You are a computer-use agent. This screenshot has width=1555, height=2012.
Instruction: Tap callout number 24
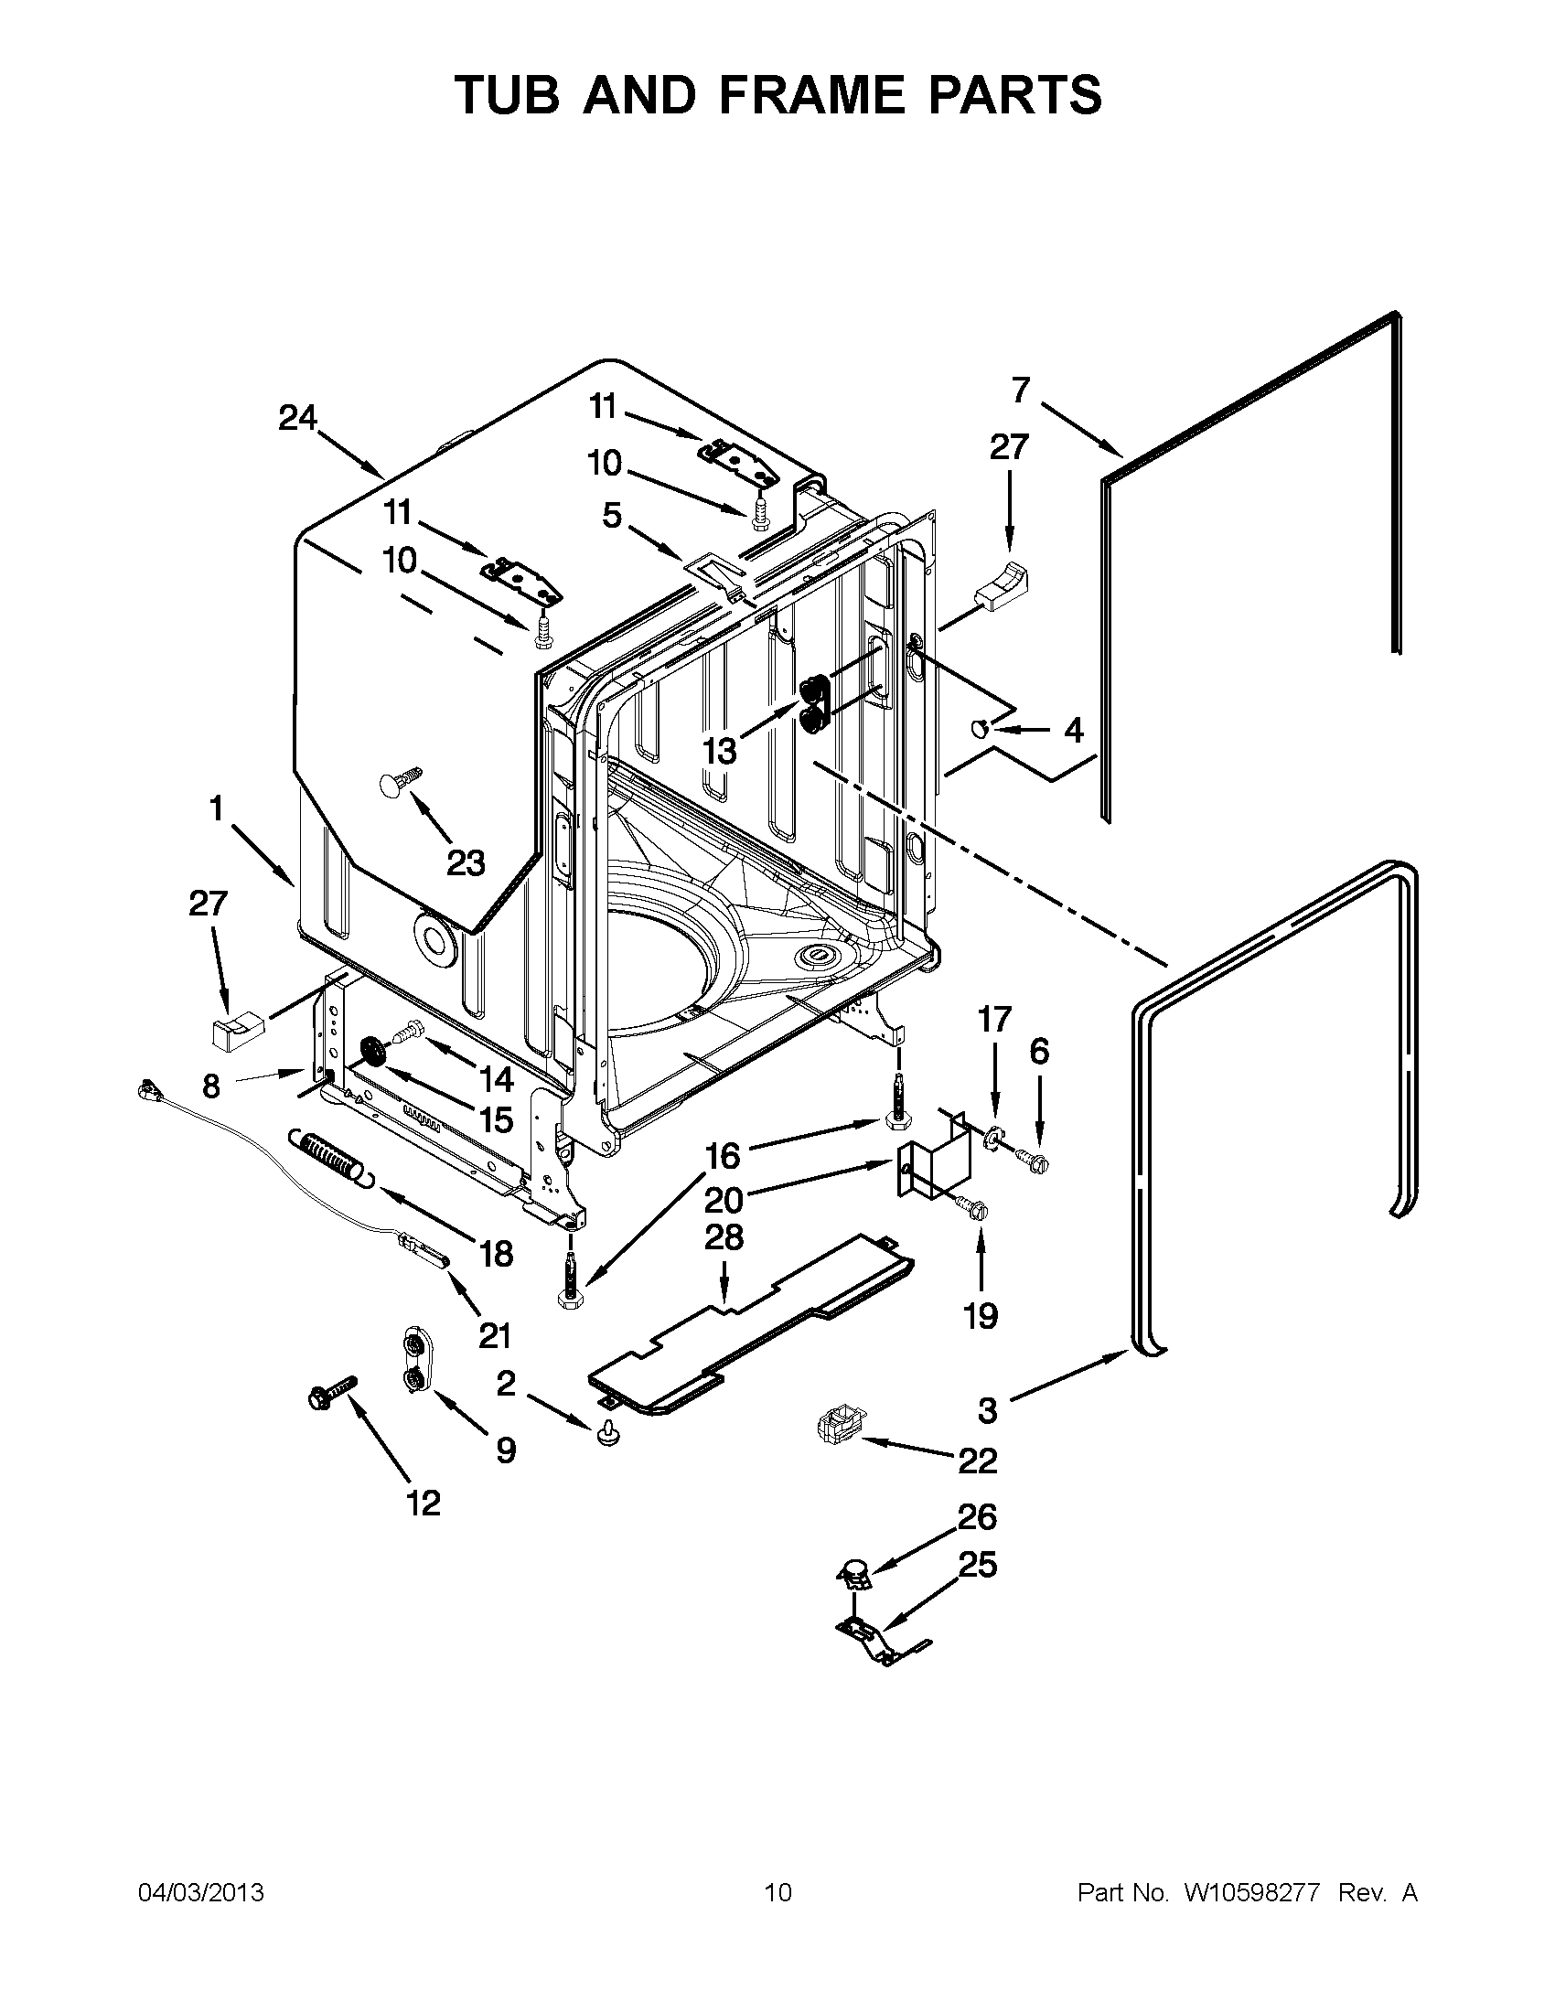pyautogui.click(x=297, y=419)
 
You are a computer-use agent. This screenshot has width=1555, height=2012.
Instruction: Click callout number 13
pyautogui.click(x=720, y=752)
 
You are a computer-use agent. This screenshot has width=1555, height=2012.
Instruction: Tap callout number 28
pyautogui.click(x=724, y=1237)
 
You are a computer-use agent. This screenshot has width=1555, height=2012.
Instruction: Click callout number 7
pyautogui.click(x=1020, y=391)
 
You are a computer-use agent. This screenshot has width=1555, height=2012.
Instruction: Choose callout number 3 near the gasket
pyautogui.click(x=987, y=1409)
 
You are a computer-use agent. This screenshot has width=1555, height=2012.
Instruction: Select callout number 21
pyautogui.click(x=495, y=1335)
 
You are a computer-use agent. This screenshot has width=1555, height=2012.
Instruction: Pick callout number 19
pyautogui.click(x=981, y=1315)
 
